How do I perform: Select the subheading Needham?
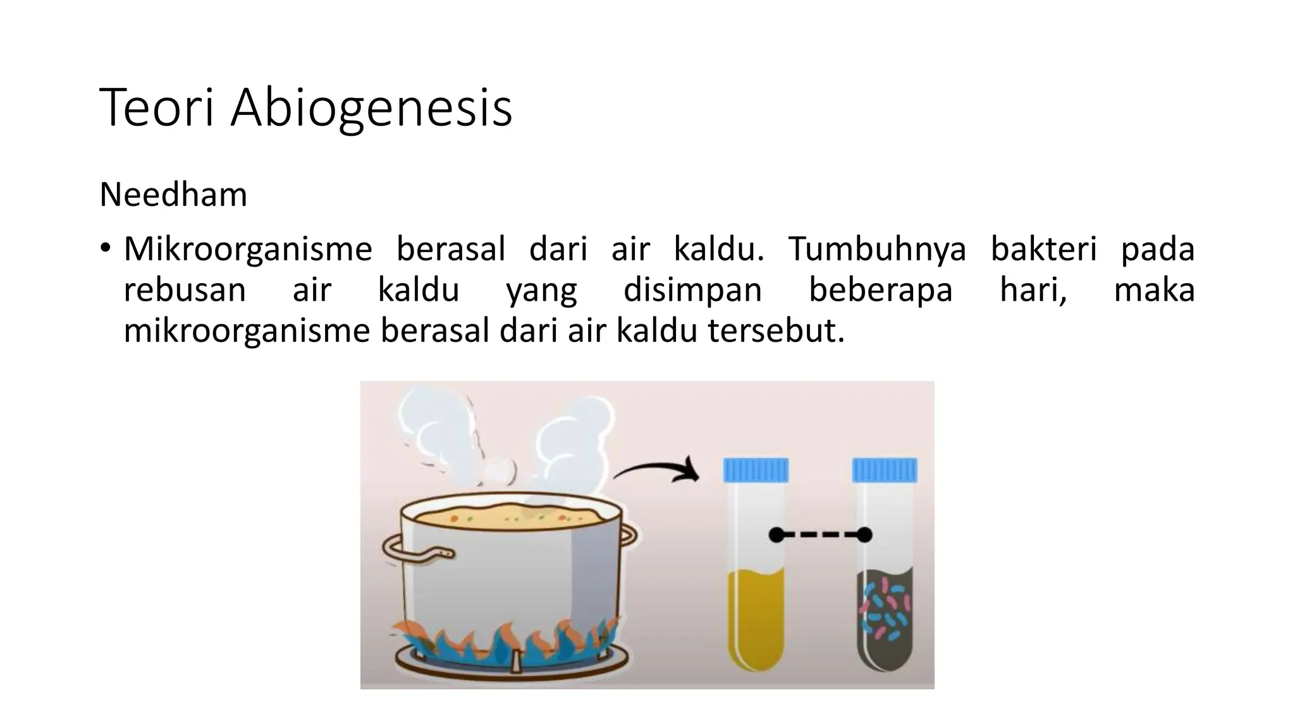[173, 195]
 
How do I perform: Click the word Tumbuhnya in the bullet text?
[877, 249]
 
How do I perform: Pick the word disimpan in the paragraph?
[692, 290]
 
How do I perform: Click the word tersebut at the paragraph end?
[776, 331]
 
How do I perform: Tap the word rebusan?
[185, 290]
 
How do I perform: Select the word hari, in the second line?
[1033, 290]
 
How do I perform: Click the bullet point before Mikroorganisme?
[105, 248]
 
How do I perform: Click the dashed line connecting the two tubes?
[820, 535]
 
